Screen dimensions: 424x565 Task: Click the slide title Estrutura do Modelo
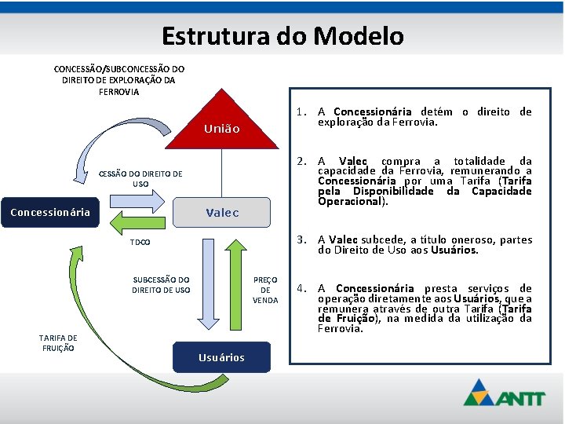pyautogui.click(x=282, y=36)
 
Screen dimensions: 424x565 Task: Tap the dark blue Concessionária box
pyautogui.click(x=50, y=212)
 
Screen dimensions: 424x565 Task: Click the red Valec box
pyautogui.click(x=222, y=212)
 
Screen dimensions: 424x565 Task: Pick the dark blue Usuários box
pyautogui.click(x=221, y=357)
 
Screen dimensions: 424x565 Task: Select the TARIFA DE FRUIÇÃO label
pyautogui.click(x=57, y=342)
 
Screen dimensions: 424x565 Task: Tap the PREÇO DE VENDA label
pyautogui.click(x=265, y=290)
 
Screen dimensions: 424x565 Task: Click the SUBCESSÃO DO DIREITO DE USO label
pyautogui.click(x=161, y=285)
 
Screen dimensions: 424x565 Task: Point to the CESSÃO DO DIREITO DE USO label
pyautogui.click(x=140, y=179)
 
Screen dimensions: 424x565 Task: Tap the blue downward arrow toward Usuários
pyautogui.click(x=208, y=283)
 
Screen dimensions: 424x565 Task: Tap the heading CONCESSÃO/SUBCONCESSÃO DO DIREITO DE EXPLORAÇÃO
pyautogui.click(x=119, y=80)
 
